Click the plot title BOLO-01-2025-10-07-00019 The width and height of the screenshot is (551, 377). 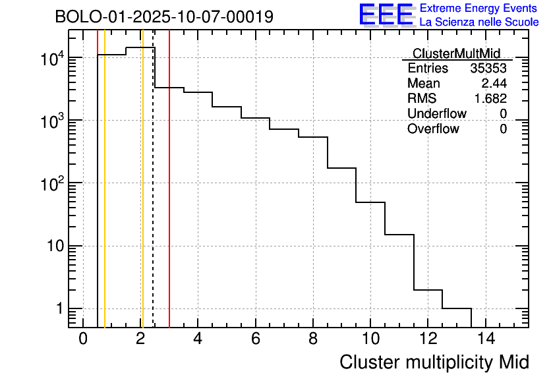point(164,17)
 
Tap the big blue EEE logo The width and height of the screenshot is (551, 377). point(386,15)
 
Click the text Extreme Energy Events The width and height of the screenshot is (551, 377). point(478,9)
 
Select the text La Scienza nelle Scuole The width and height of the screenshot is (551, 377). point(478,22)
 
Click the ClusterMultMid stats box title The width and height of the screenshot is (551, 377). point(456,53)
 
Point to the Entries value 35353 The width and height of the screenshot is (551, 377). point(488,69)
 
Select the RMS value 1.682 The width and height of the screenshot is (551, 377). point(490,99)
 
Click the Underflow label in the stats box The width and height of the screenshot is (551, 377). point(436,114)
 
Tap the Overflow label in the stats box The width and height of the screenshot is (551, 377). point(433,129)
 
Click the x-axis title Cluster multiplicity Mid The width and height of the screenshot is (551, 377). point(434,362)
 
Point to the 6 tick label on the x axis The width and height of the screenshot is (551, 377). point(255,339)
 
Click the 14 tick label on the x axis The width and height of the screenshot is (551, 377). point(485,339)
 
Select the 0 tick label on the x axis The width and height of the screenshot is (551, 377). point(83,339)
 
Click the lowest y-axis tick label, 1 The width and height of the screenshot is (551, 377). point(58,309)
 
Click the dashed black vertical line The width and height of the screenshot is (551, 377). point(153,198)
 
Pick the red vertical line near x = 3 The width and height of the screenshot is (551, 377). point(169,198)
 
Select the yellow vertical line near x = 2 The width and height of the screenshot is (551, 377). point(142,198)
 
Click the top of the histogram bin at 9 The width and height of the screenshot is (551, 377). point(341,168)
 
